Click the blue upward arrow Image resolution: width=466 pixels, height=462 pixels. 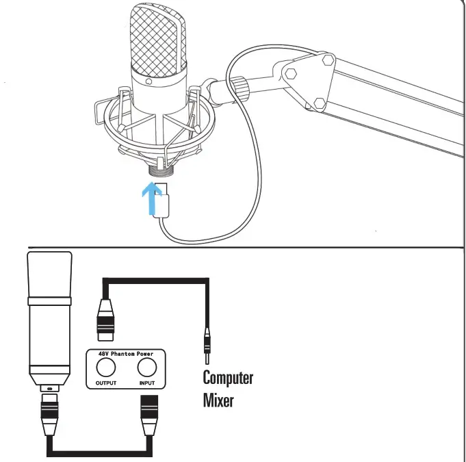coord(146,194)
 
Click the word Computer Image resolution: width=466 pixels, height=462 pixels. coord(228,377)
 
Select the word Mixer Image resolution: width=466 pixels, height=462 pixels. coord(218,399)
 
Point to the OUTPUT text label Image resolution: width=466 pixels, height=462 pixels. coord(106,383)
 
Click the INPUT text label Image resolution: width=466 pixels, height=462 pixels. coord(146,383)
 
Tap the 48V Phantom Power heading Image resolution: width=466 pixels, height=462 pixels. coord(126,354)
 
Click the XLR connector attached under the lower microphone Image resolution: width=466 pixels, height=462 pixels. coord(50,414)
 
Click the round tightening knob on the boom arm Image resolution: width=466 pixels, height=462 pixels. coord(240,87)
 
